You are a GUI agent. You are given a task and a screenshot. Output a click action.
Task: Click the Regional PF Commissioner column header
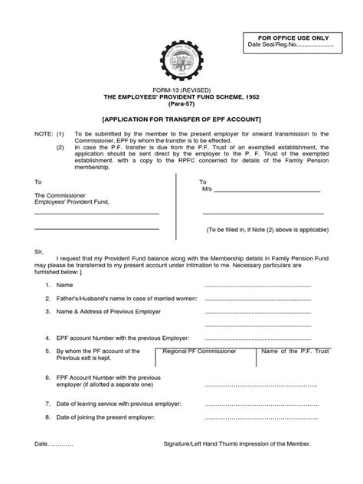click(x=199, y=351)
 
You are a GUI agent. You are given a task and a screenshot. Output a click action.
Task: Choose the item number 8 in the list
click(x=47, y=417)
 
